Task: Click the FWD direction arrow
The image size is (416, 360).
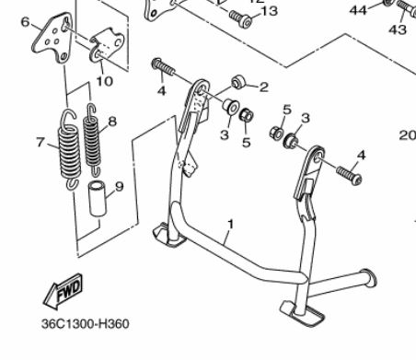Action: click(63, 291)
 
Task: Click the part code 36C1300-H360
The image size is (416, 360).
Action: click(86, 324)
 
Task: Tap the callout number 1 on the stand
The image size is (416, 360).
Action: click(230, 225)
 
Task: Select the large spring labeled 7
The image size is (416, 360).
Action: click(70, 148)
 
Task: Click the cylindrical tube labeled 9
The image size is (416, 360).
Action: click(98, 199)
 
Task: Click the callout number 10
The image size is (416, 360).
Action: click(105, 81)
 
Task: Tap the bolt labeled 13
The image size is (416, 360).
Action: click(241, 18)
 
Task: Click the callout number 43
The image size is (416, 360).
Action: click(398, 29)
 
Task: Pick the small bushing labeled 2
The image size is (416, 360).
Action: click(237, 82)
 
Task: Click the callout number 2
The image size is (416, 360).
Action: click(264, 87)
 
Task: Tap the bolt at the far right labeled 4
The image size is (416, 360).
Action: click(349, 175)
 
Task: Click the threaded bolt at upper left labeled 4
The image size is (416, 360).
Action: click(163, 67)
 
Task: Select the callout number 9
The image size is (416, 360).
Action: click(120, 187)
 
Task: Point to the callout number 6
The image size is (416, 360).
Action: click(26, 22)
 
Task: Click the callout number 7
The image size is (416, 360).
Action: click(40, 142)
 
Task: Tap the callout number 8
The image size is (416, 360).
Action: click(112, 122)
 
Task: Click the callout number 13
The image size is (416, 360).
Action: click(269, 11)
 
